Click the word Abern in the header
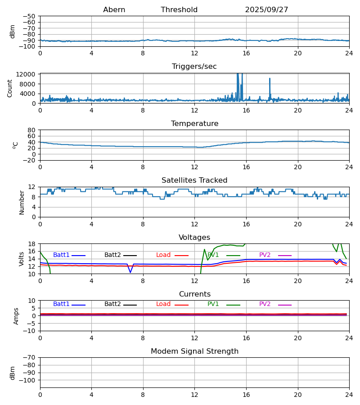click(114, 10)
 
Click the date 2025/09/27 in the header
click(266, 10)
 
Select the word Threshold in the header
click(179, 10)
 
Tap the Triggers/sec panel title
click(194, 67)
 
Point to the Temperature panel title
click(194, 124)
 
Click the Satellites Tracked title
click(194, 180)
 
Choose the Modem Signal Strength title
click(194, 351)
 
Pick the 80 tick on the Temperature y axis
click(31, 130)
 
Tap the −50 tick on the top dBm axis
click(30, 16)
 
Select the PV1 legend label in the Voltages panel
click(213, 255)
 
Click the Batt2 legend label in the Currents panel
click(112, 304)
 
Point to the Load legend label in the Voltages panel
click(163, 255)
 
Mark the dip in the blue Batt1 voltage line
click(130, 272)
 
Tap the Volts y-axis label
click(22, 259)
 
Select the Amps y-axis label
click(16, 316)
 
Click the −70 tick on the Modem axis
click(30, 358)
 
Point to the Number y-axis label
click(22, 202)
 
